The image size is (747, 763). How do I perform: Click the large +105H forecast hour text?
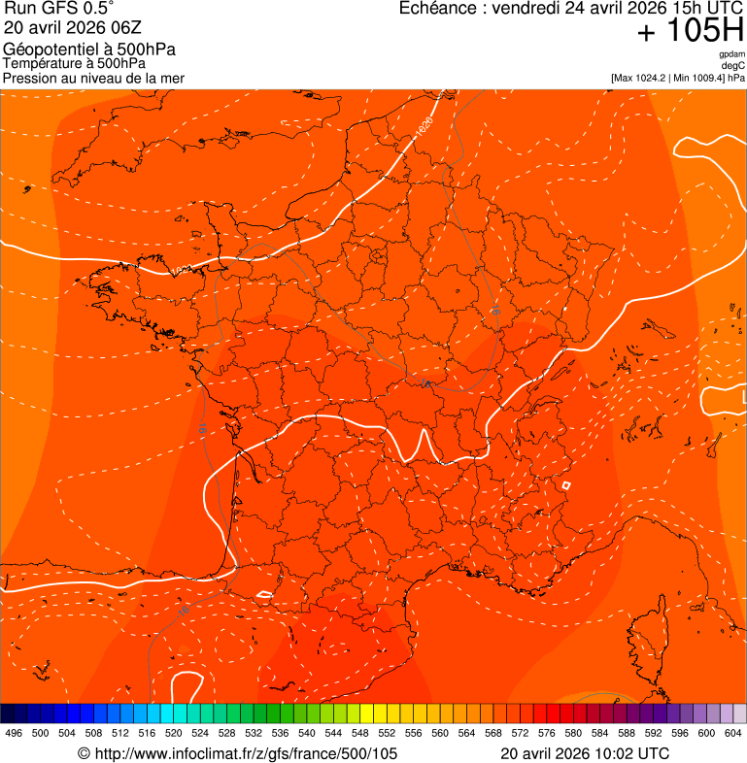coord(691,32)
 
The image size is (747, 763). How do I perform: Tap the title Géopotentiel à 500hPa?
coord(89,50)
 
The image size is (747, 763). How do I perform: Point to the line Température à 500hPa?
coord(74,64)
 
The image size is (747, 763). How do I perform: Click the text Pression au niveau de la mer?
coord(93,78)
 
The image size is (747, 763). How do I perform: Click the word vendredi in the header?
coord(530,9)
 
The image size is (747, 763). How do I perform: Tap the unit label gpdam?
coord(732,54)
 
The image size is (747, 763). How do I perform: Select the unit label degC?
coord(734,65)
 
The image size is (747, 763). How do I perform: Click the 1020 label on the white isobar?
coord(424,125)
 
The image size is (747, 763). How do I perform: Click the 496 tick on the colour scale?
coord(14,733)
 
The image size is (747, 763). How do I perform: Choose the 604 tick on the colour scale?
coord(733,733)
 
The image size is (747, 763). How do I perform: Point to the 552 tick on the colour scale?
coord(387,733)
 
